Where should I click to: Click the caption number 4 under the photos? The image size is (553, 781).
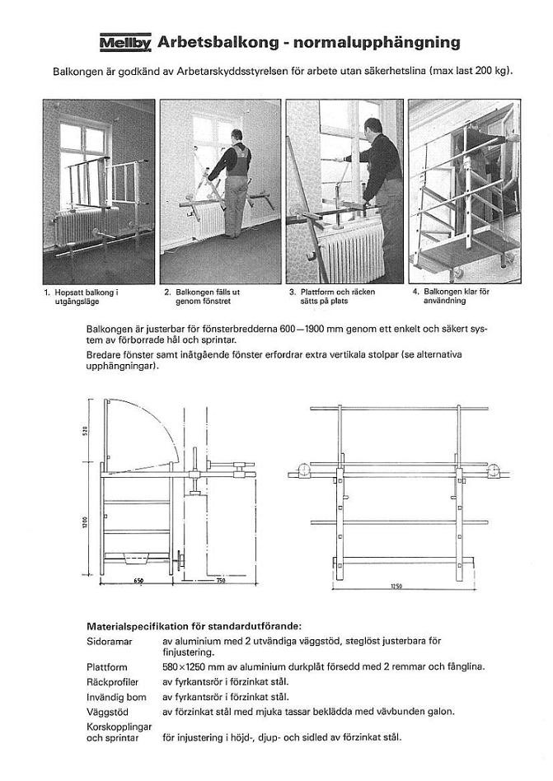coord(415,292)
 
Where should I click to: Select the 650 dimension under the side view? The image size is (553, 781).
coord(138,582)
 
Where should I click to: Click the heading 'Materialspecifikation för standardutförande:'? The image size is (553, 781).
coord(194,626)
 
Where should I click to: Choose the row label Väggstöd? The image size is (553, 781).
coord(104,711)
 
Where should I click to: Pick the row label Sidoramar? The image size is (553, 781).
coord(107,640)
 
